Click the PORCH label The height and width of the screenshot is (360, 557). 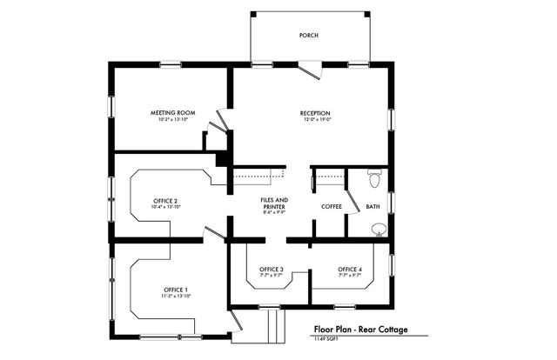click(x=308, y=36)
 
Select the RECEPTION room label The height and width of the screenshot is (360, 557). click(x=315, y=113)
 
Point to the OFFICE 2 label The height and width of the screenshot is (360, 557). click(x=165, y=201)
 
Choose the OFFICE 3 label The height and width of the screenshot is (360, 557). click(x=272, y=270)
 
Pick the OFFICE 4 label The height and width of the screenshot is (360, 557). click(x=350, y=270)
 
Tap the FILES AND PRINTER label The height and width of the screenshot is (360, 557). click(x=274, y=204)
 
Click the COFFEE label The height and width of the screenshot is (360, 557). click(x=331, y=207)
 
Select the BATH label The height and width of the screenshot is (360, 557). click(x=372, y=207)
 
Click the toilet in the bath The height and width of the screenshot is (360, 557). click(x=374, y=179)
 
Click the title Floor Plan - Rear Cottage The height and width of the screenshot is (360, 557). click(x=359, y=330)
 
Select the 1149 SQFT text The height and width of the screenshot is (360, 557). click(x=326, y=340)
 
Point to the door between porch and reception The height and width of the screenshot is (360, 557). click(x=305, y=70)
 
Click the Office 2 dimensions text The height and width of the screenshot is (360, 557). click(x=165, y=208)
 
